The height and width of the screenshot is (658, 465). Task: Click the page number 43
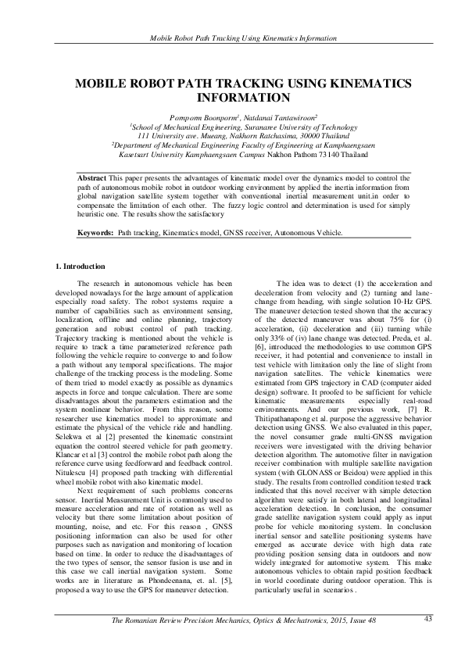click(428, 619)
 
